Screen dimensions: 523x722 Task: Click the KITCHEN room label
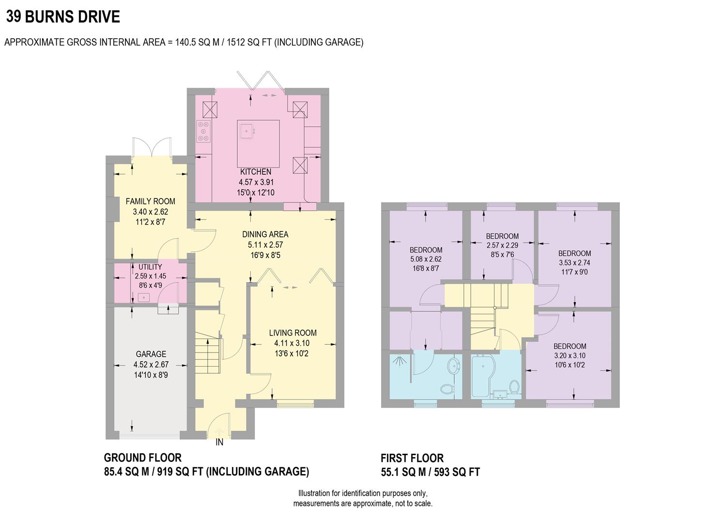[x=256, y=172]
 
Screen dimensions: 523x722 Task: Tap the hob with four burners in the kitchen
[x=204, y=131]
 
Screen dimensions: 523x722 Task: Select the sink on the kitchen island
[x=246, y=130]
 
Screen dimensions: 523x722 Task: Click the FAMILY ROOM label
[x=150, y=201]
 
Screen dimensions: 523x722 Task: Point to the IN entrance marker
[x=219, y=442]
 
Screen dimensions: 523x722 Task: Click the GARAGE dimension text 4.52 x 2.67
[x=151, y=365]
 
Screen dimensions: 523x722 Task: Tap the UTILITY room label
[x=150, y=267]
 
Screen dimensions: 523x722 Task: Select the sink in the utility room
[x=143, y=297]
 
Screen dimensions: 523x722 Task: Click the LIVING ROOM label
[x=292, y=333]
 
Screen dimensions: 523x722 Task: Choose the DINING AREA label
[x=265, y=234]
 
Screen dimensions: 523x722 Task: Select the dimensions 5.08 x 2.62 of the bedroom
[x=426, y=259]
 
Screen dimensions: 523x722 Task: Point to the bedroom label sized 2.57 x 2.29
[x=502, y=236]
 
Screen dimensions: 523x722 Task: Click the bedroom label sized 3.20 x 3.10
[x=569, y=346]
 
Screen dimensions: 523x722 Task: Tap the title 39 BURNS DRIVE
[x=63, y=17]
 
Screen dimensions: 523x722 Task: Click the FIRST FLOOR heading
[x=412, y=458]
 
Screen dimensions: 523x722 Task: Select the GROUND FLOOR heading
[x=143, y=458]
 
